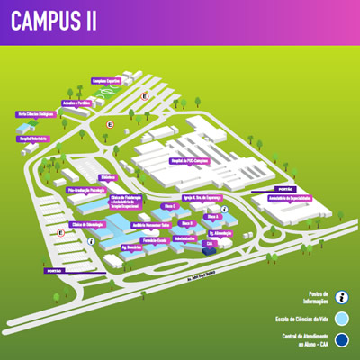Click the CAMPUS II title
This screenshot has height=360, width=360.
click(55, 22)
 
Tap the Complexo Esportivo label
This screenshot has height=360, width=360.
click(106, 80)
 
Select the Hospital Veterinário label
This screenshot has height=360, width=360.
click(31, 128)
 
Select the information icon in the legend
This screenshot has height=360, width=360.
click(341, 296)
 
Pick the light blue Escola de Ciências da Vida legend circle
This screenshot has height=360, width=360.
click(341, 318)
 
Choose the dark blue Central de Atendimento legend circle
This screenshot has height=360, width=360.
click(341, 339)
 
